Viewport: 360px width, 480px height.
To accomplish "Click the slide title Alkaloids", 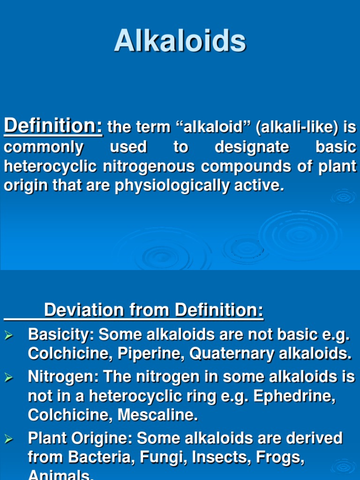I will pyautogui.click(x=180, y=41).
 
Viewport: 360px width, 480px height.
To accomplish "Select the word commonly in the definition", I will pyautogui.click(x=44, y=147).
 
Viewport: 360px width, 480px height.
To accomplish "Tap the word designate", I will pyautogui.click(x=252, y=147).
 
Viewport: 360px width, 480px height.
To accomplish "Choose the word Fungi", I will pyautogui.click(x=151, y=457).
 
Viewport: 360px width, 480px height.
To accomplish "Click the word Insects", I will pyautogui.click(x=211, y=457).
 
